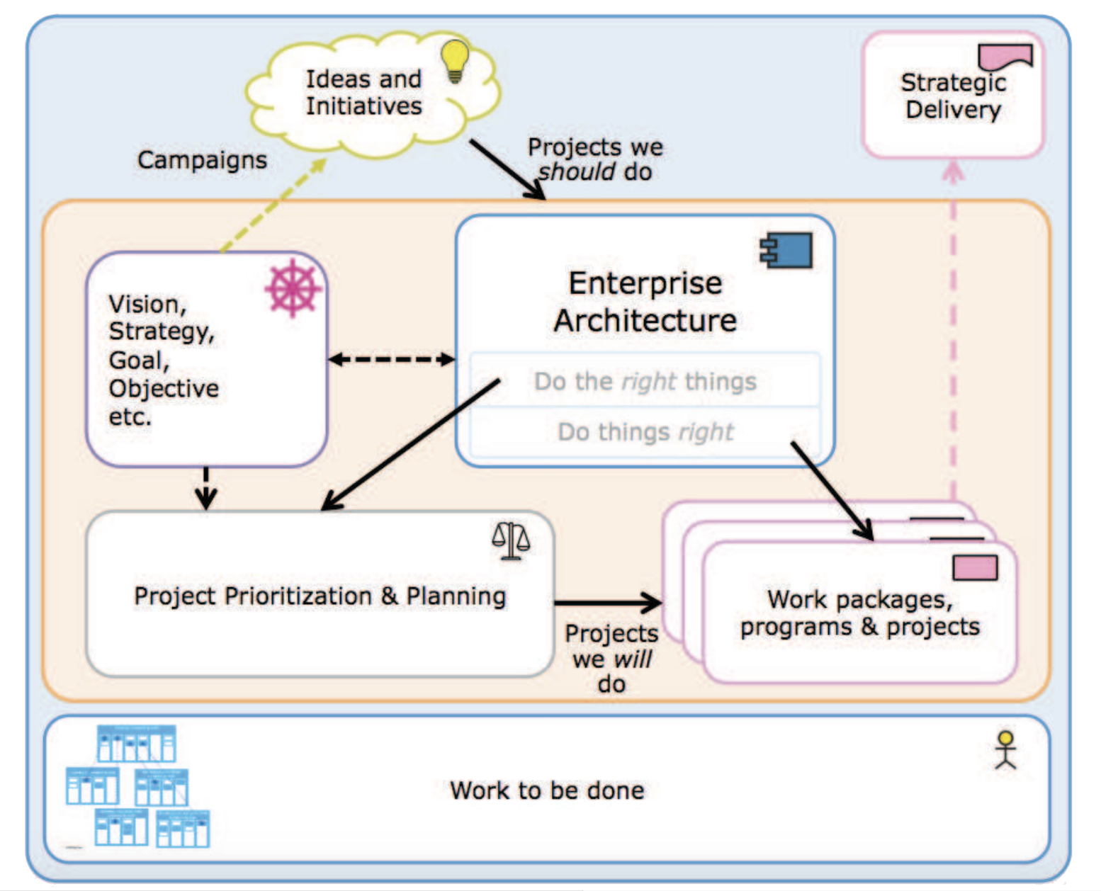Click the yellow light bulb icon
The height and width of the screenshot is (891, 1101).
[x=455, y=61]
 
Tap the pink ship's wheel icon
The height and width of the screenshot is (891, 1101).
[x=293, y=288]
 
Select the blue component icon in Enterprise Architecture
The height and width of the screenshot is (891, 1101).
[x=786, y=250]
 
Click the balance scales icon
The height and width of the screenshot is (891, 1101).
[x=511, y=541]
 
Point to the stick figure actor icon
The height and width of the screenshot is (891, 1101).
[x=1005, y=750]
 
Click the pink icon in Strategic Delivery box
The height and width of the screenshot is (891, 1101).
[x=1005, y=56]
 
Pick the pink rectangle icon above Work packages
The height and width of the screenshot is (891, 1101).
[x=975, y=567]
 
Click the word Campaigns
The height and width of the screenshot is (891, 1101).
[x=202, y=160]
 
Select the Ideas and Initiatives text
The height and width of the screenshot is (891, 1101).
[x=363, y=92]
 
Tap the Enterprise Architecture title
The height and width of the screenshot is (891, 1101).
[x=645, y=302]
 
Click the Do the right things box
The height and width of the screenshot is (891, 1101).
[x=645, y=381]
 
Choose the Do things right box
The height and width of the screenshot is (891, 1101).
[x=645, y=431]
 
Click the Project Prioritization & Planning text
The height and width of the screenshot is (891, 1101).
[x=320, y=596]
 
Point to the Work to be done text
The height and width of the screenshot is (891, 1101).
[x=547, y=790]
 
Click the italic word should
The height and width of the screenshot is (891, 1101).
[x=577, y=172]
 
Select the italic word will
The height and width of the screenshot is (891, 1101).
[x=633, y=659]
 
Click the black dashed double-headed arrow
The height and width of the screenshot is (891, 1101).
[x=391, y=359]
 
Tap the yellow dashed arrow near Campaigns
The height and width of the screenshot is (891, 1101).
[x=273, y=205]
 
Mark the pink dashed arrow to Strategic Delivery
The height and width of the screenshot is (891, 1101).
[x=953, y=333]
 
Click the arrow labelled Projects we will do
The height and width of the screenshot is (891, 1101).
[x=608, y=603]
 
